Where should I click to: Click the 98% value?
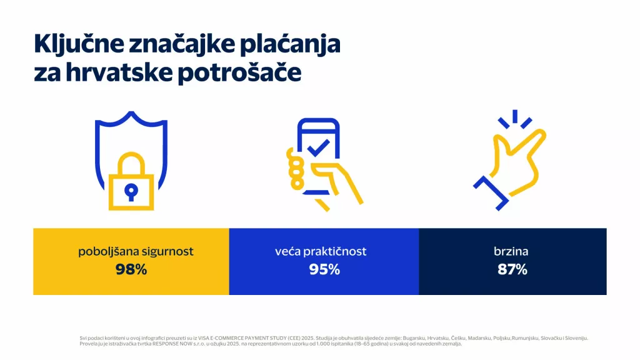pos(131,270)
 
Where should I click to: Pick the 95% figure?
pos(324,270)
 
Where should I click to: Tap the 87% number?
pos(512,270)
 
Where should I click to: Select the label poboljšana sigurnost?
pos(136,252)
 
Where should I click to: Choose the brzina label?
pos(512,252)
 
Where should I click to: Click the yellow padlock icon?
pos(131,187)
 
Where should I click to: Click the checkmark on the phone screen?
pos(318,148)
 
